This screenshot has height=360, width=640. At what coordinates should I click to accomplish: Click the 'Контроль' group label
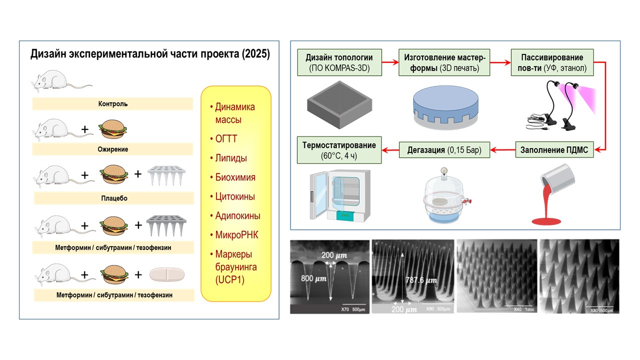[x=112, y=104]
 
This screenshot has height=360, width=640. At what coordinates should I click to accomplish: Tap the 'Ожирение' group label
[x=112, y=149]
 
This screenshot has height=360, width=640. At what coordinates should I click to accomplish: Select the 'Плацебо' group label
[x=112, y=198]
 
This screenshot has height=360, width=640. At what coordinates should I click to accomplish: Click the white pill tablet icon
[x=167, y=274]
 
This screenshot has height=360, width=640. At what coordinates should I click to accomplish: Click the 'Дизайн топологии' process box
[x=339, y=62]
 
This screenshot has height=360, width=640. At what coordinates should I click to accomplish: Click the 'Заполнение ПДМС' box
[x=555, y=149]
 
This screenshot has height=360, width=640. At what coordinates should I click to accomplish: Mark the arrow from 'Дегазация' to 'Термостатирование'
[x=390, y=148]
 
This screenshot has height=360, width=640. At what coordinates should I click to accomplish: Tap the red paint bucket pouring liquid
[x=555, y=195]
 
